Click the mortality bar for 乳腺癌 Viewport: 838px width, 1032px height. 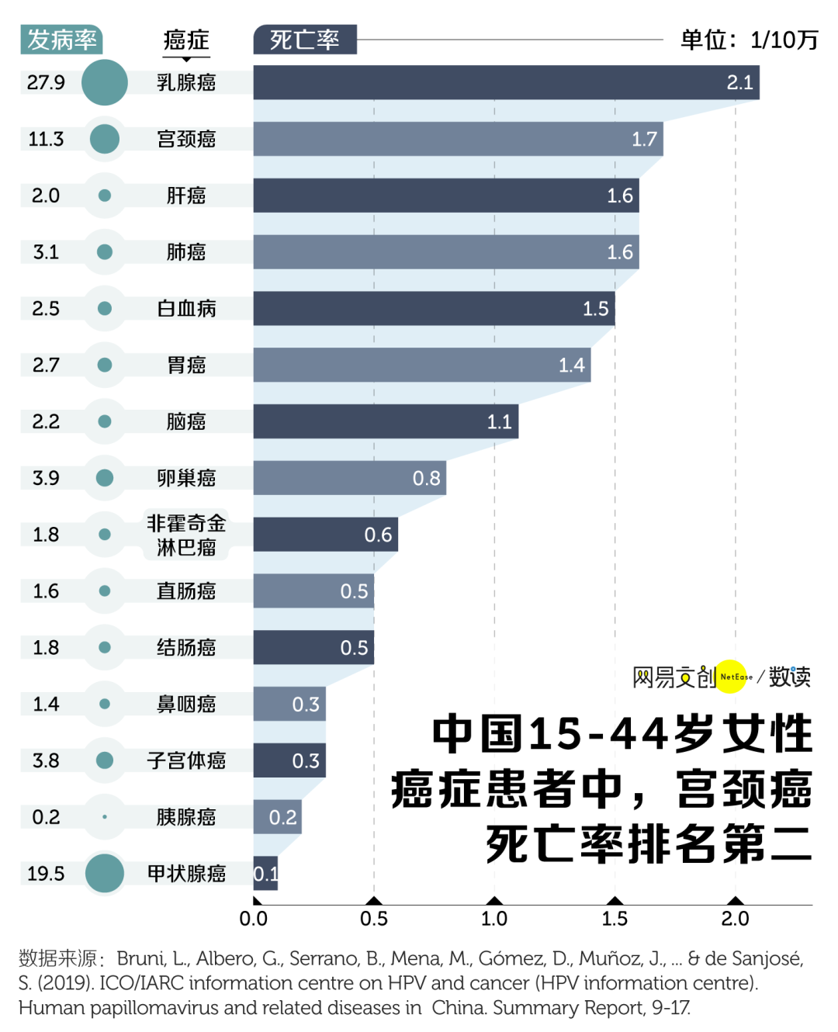pos(506,82)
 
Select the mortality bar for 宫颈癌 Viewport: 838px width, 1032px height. pos(458,139)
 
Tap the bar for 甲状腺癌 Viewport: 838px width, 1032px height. pos(265,874)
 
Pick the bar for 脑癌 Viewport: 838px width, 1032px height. pos(386,421)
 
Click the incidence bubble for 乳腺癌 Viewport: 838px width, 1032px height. pos(105,82)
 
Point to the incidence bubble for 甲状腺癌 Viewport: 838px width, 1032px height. pos(105,874)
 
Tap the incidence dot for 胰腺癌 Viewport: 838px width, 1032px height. pos(105,817)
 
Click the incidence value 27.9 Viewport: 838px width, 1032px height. pos(46,82)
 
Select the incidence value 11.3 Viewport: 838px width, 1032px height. pos(46,139)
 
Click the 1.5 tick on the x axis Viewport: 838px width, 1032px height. pos(615,919)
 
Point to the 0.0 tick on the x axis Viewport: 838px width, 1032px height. pos(254,919)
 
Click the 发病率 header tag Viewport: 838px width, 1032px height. pos(61,40)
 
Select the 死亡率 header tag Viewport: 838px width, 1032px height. pos(305,40)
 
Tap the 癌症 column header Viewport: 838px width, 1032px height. pos(186,40)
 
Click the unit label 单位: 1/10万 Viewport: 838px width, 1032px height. pos(749,40)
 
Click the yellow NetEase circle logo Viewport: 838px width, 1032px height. pos(731,677)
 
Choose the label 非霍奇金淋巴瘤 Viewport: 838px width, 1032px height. pos(186,535)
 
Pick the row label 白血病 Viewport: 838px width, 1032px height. pos(186,309)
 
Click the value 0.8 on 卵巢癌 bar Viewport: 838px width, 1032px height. pos(426,478)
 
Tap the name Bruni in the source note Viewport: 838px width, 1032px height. pos(141,959)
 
